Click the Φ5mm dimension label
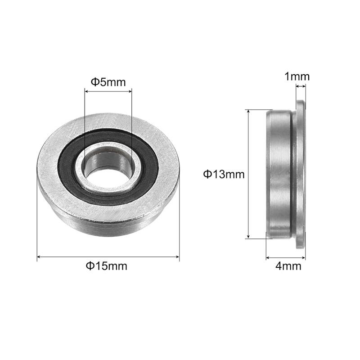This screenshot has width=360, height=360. [x=108, y=82]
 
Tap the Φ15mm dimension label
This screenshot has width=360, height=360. [x=107, y=266]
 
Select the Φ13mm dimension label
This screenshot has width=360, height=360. [x=224, y=175]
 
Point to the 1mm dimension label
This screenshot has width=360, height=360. [x=297, y=76]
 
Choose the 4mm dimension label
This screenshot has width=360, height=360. [x=288, y=266]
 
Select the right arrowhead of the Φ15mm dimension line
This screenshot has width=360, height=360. [x=177, y=256]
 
